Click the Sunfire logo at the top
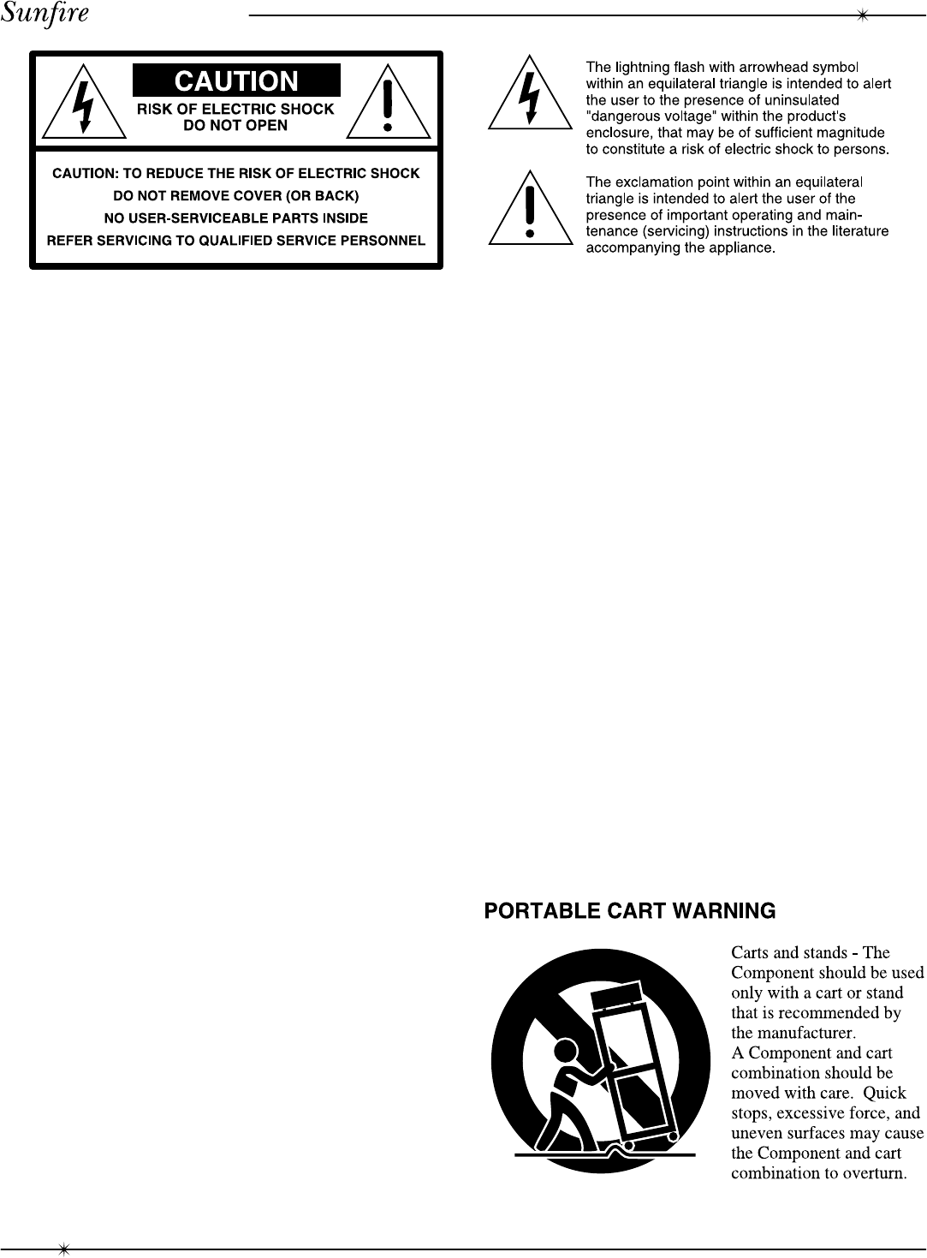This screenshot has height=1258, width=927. [x=45, y=15]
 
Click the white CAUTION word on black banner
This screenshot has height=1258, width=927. [x=236, y=81]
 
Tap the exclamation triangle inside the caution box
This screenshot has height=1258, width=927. [x=388, y=102]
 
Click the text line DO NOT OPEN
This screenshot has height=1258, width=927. [x=236, y=126]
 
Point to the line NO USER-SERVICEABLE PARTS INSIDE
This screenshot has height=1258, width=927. [x=236, y=218]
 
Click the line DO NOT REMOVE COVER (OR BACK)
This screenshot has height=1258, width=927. [x=236, y=196]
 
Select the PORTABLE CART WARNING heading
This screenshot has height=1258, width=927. [x=630, y=911]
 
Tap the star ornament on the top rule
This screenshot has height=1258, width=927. [x=863, y=15]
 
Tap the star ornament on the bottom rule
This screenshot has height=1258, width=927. [x=62, y=1249]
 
